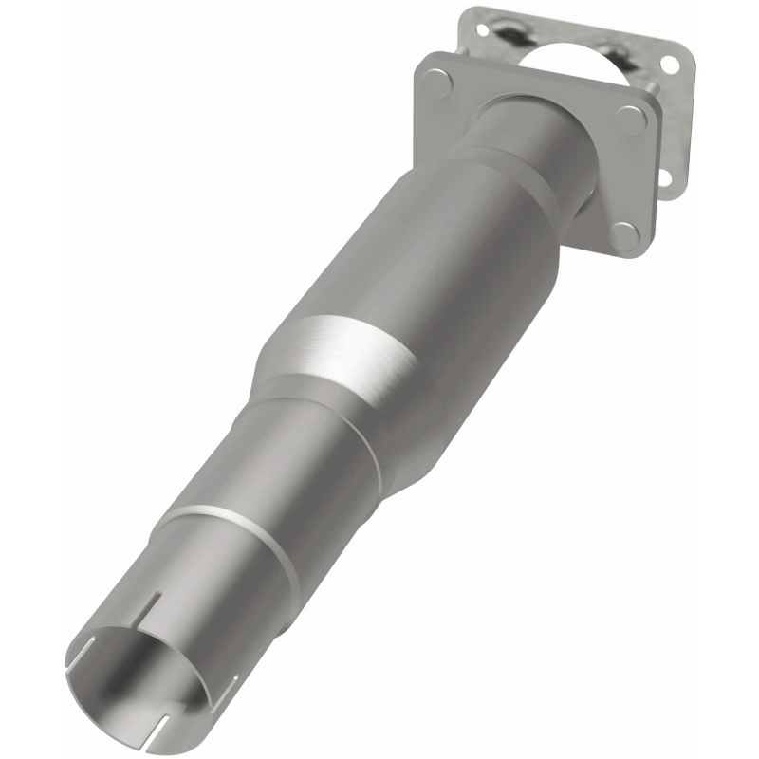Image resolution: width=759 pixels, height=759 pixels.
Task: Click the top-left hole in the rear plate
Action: pyautogui.click(x=482, y=30)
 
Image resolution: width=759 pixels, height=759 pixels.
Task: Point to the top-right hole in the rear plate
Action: pyautogui.click(x=670, y=65)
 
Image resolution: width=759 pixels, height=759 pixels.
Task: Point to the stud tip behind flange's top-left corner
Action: pyautogui.click(x=463, y=50)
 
